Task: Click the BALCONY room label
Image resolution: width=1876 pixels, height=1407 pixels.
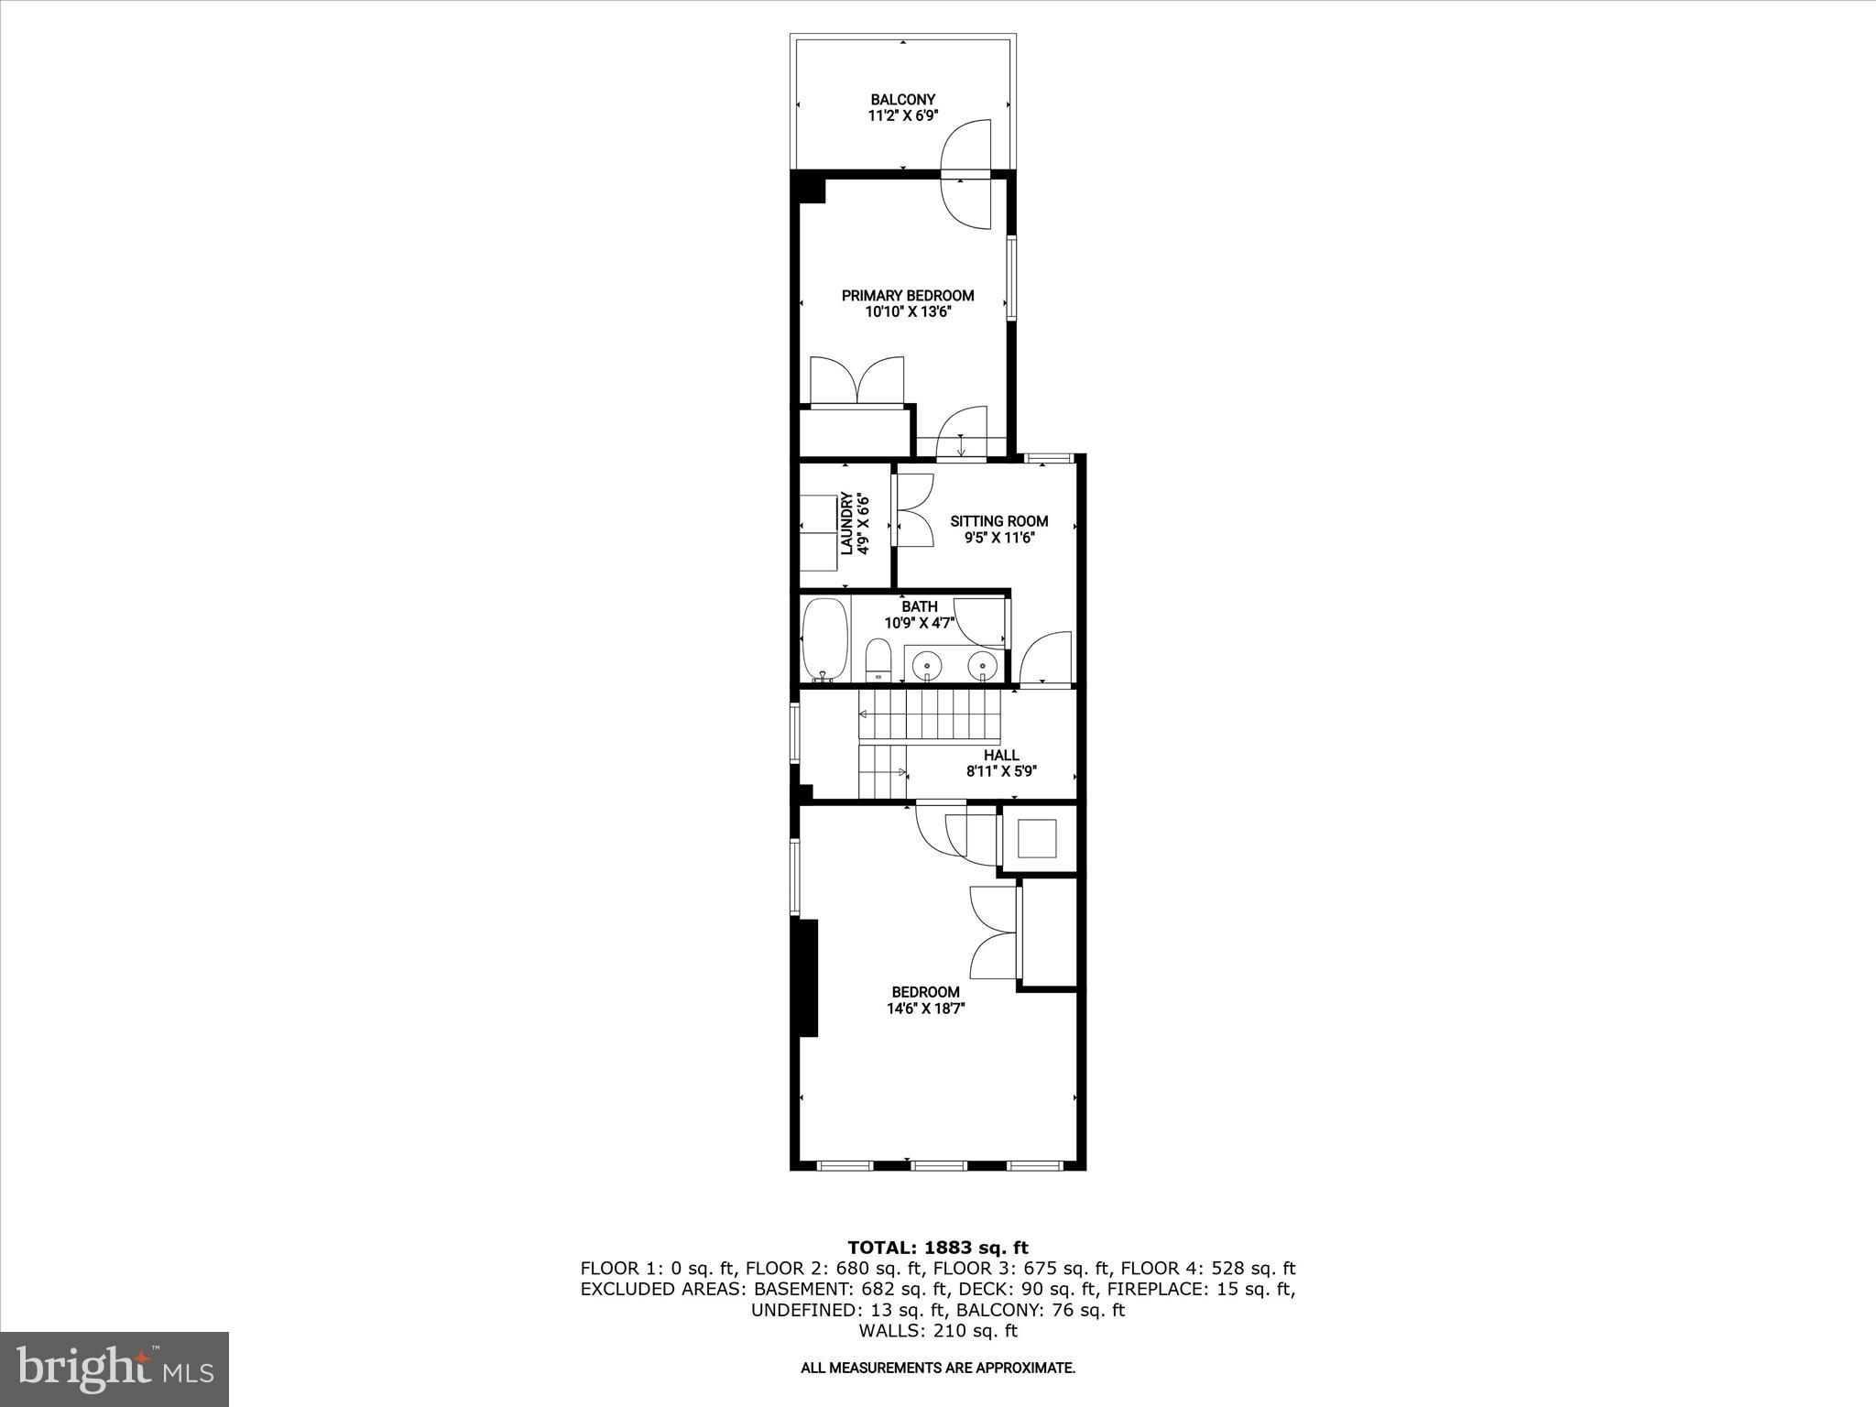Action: pos(903,99)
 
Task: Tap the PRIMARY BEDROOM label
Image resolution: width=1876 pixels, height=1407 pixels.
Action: pos(907,295)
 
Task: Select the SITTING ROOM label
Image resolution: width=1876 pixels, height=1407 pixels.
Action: pos(998,520)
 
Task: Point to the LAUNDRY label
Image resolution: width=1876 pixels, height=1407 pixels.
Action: pos(846,523)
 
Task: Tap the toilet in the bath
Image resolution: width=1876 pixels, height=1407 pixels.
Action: pos(878,660)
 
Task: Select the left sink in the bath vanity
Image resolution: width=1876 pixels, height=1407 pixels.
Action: pos(929,664)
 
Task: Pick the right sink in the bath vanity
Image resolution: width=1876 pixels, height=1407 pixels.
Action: pos(983,664)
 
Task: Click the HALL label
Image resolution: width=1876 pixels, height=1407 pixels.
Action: pos(1001,755)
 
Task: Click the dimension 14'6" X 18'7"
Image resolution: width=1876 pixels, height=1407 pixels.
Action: pos(925,1008)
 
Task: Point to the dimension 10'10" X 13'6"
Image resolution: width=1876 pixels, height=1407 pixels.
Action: pos(907,311)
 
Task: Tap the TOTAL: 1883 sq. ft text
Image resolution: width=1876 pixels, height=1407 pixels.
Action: pos(937,1248)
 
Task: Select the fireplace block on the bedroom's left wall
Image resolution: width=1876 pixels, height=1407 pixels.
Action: pos(807,977)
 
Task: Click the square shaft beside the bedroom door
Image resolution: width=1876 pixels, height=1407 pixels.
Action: pos(1038,838)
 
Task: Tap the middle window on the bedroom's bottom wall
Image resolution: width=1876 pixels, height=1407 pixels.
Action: pos(938,1165)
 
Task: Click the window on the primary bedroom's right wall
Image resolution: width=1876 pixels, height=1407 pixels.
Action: pos(1011,278)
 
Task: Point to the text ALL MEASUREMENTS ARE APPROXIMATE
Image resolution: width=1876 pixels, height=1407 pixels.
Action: pos(937,1368)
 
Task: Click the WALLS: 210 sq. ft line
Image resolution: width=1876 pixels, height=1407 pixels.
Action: pos(937,1331)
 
